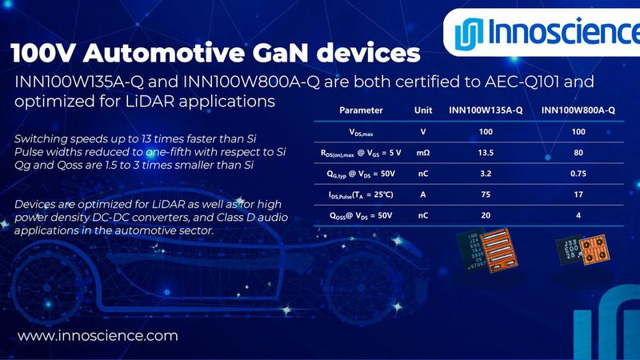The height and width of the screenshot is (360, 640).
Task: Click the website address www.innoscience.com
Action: (x=98, y=336)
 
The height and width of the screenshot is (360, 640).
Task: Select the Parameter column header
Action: (x=361, y=110)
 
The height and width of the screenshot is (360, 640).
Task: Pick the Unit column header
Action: (x=423, y=110)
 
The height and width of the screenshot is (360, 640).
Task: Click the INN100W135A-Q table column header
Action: (x=486, y=110)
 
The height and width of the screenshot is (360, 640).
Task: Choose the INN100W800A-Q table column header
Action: (x=578, y=110)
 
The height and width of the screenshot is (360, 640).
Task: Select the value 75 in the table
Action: (x=486, y=193)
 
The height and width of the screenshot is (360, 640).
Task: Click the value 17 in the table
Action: (x=578, y=193)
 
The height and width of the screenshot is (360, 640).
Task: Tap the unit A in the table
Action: (x=423, y=193)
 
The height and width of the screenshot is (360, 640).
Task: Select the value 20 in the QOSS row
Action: (x=486, y=214)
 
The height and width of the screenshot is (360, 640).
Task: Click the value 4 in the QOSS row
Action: (x=578, y=214)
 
